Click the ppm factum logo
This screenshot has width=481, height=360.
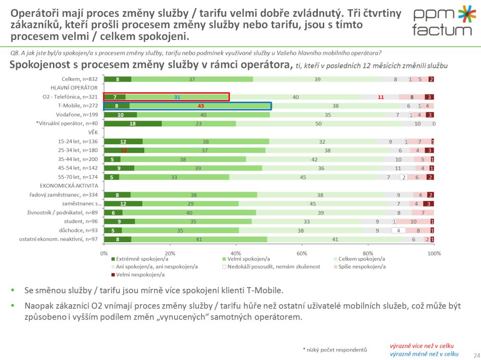click(443, 21)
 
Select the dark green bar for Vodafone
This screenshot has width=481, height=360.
click(120, 115)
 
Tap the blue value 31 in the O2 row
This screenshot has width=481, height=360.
click(177, 97)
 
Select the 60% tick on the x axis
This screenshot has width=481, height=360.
click(302, 253)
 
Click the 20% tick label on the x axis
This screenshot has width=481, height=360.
click(169, 253)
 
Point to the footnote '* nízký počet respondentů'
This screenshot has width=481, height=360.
click(335, 349)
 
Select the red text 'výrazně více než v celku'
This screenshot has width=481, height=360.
click(421, 346)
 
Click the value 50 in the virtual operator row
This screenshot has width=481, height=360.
click(318, 124)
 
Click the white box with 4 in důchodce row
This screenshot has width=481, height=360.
click(399, 230)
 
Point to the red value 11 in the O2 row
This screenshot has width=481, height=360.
click(380, 97)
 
